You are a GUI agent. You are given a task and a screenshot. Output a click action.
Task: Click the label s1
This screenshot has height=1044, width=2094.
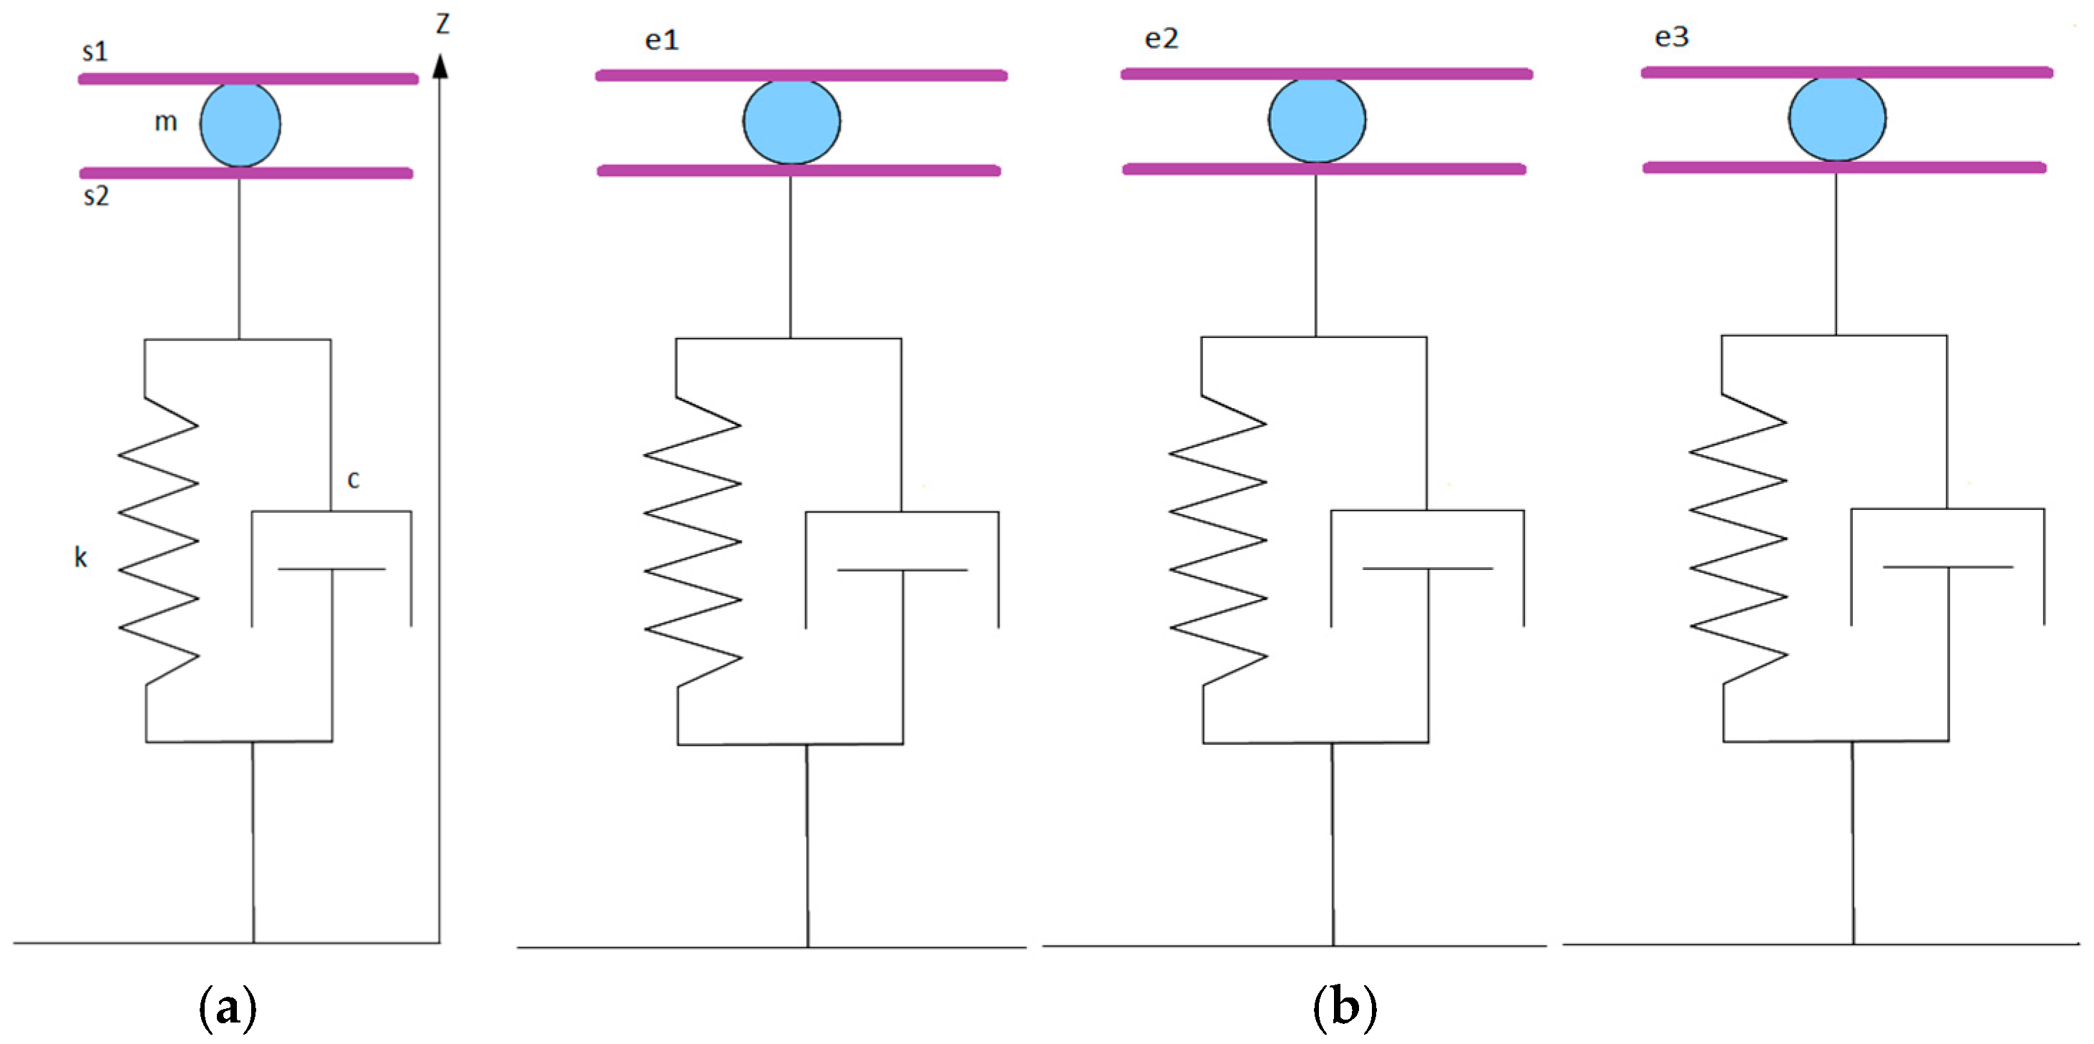click(94, 52)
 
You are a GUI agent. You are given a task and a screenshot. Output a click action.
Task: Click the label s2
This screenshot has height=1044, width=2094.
click(96, 196)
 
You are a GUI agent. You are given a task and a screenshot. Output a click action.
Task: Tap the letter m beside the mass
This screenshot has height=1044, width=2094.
click(166, 122)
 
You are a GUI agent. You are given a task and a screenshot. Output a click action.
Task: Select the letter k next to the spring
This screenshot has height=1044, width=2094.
click(80, 557)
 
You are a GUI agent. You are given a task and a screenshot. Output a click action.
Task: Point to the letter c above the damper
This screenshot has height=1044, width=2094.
click(353, 479)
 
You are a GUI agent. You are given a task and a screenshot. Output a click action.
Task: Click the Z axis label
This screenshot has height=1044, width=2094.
click(442, 23)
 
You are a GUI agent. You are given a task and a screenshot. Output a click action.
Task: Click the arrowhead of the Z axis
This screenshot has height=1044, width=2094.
click(440, 67)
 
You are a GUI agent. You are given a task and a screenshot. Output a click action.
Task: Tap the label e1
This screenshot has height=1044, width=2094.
click(662, 40)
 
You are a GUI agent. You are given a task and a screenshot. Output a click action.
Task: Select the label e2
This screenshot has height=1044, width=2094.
click(1161, 38)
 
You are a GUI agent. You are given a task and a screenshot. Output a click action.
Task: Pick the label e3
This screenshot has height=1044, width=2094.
click(1671, 37)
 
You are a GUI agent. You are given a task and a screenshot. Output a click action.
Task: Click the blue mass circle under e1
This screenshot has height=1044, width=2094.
click(791, 122)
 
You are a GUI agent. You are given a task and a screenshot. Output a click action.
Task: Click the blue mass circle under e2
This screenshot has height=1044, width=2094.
click(1316, 120)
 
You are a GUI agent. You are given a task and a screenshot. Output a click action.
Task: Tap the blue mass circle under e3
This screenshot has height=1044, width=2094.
click(1836, 119)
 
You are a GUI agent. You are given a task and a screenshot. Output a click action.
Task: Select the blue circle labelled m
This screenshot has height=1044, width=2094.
click(240, 125)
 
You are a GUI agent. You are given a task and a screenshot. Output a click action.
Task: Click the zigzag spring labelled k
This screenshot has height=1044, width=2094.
click(158, 541)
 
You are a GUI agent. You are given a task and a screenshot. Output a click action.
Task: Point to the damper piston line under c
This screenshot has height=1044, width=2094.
click(331, 569)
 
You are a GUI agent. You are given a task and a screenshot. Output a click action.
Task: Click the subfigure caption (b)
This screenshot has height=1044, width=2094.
click(1345, 1007)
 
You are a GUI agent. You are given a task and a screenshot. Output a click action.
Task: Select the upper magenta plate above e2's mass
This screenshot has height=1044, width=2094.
click(1326, 74)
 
